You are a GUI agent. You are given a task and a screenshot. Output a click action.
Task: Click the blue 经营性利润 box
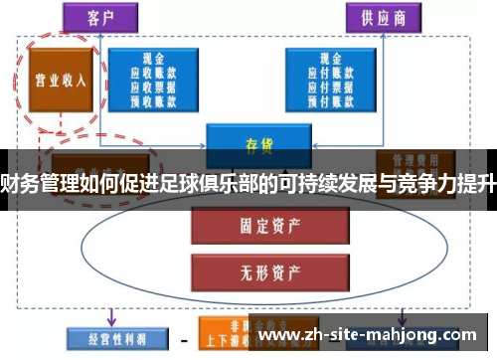pos(106,338)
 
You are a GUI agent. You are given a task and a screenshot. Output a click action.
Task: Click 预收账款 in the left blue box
pos(154,99)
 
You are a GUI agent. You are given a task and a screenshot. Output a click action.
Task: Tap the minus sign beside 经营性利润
pos(183,339)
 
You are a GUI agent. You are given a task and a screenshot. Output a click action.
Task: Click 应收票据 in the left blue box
pos(154,87)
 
